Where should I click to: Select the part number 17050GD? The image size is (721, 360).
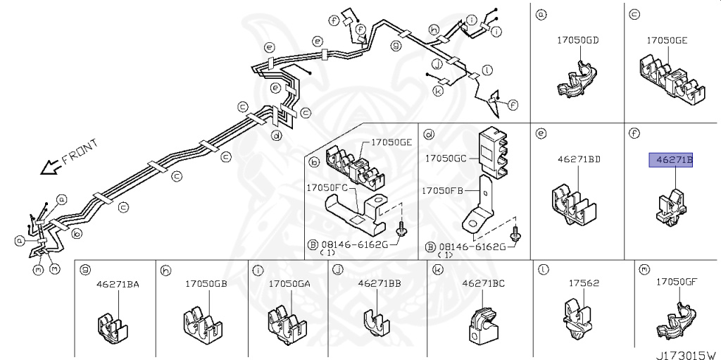point(577,41)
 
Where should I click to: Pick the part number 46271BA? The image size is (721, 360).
point(118,285)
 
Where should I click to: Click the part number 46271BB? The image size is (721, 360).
point(379,283)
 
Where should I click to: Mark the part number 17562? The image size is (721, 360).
point(584,283)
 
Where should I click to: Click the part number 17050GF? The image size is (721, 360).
point(676,282)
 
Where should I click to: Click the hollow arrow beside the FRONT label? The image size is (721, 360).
point(51,168)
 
